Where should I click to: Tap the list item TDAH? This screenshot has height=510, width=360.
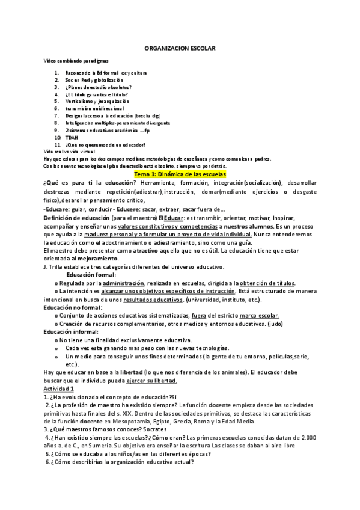(72, 137)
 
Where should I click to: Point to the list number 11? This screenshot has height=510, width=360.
(58, 145)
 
